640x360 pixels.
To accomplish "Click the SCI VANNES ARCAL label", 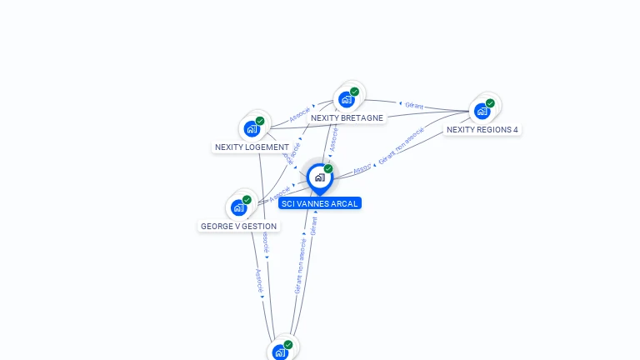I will coord(320,203).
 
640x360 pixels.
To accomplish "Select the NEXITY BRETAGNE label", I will coord(347,118).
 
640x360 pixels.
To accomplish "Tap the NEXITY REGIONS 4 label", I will coord(482,130).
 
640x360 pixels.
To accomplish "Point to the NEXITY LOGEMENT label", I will coord(252,147).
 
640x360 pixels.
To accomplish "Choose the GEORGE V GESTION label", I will coord(238,226).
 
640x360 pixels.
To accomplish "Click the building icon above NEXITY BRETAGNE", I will coord(347,99).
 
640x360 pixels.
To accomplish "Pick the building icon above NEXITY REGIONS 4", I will coord(482,111).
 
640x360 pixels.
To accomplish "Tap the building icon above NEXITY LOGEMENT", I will coord(252,128).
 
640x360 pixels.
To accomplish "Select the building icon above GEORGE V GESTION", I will coord(238,207).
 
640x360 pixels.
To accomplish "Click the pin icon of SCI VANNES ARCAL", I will coord(319,177).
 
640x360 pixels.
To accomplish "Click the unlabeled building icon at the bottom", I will coord(280,352).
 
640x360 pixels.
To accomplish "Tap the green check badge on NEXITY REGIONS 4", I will coord(490,103).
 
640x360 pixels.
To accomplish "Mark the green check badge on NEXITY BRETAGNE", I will coord(355,92).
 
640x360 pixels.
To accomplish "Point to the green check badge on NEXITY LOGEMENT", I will coord(260,121).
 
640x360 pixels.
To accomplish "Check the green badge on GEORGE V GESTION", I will coord(247,200).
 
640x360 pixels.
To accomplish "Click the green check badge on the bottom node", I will coord(288,344).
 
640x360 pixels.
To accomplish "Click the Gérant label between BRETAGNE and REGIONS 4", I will coord(414,106).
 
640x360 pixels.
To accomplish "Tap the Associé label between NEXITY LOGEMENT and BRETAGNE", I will coord(300,114).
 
